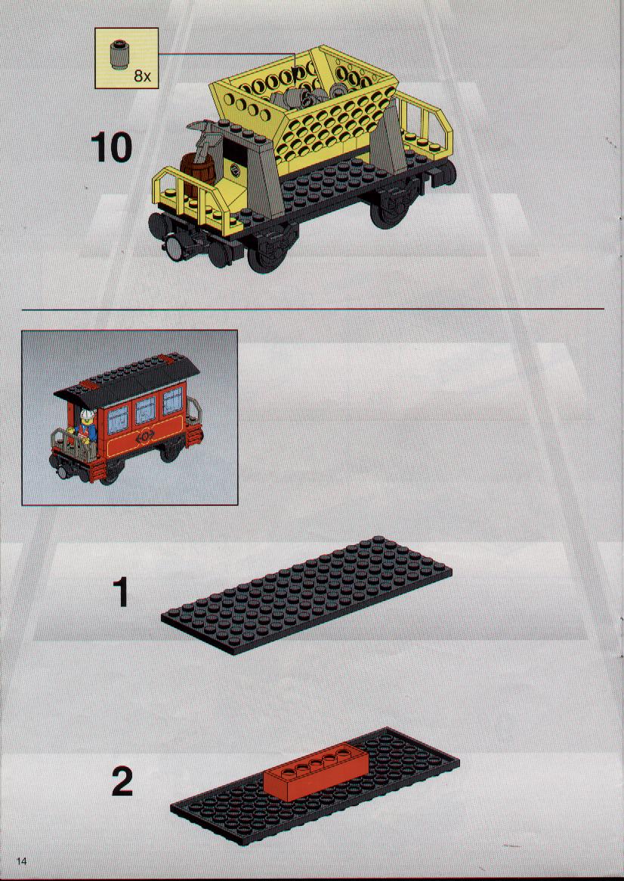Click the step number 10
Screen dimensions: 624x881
click(x=111, y=147)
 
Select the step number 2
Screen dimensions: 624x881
click(x=122, y=782)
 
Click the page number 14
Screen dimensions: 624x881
click(x=22, y=862)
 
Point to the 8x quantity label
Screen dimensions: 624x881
click(x=143, y=76)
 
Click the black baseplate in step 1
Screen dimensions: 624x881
click(x=307, y=596)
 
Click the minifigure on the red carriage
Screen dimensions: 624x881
click(x=88, y=427)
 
